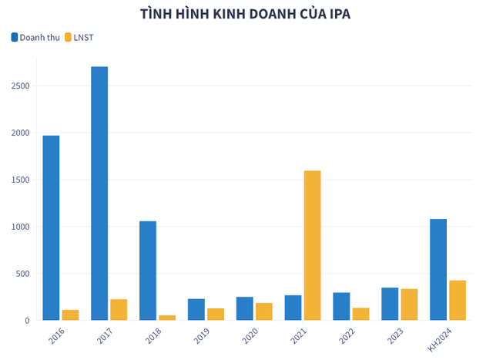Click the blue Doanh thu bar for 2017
[x=99, y=193]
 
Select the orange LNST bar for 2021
[x=312, y=245]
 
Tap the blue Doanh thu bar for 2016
[x=51, y=227]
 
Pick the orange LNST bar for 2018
[x=167, y=317]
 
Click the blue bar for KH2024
[x=438, y=269]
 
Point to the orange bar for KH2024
[x=458, y=300]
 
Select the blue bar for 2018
[x=148, y=270]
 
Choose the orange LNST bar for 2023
[x=409, y=304]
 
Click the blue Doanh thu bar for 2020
[x=244, y=308]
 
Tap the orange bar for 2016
[x=70, y=315]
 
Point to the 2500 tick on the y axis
[x=20, y=86]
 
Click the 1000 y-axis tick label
[x=20, y=227]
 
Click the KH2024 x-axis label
[x=439, y=340]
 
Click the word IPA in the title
[x=337, y=14]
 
